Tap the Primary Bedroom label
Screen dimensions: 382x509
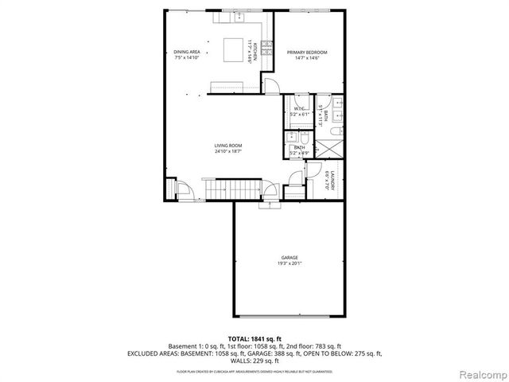pos(306,52)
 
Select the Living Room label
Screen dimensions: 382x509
pos(227,145)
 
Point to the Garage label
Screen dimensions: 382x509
pos(289,258)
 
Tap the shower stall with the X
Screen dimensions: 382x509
pos(328,149)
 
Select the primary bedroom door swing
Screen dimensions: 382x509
pos(270,86)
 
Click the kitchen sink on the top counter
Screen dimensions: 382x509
pos(239,17)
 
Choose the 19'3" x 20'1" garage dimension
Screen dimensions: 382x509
pos(289,263)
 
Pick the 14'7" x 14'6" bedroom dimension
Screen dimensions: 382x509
pos(306,58)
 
